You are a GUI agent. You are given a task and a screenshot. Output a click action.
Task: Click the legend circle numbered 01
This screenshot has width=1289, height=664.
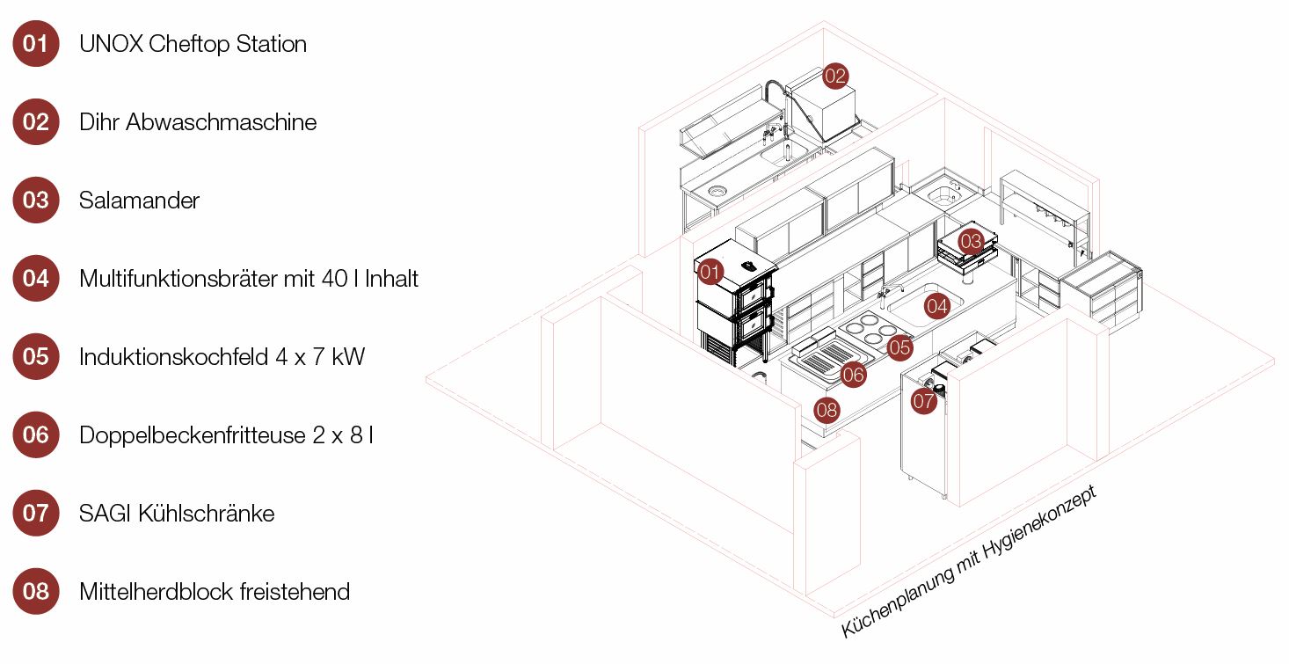(x=36, y=43)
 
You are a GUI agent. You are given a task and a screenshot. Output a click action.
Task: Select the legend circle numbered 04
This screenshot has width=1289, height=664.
(x=36, y=278)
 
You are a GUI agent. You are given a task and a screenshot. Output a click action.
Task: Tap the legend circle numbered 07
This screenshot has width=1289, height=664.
(x=36, y=512)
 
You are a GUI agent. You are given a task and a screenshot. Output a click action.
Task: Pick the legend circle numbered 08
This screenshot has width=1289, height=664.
(x=36, y=590)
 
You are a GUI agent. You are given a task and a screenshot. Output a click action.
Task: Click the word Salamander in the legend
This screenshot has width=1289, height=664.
(x=139, y=200)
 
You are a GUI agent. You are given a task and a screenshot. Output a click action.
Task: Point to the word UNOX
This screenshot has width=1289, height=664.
(x=111, y=43)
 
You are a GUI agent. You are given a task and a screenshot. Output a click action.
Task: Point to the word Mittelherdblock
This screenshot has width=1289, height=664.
(x=155, y=590)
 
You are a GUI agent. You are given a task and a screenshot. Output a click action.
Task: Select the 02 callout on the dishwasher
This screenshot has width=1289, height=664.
(x=834, y=76)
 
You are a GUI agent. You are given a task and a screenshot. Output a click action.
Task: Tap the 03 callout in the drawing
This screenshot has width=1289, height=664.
(x=971, y=240)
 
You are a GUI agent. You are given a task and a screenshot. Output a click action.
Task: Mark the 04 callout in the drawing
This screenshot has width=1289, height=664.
(x=937, y=306)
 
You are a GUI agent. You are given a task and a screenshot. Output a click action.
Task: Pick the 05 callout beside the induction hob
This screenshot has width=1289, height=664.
(x=899, y=347)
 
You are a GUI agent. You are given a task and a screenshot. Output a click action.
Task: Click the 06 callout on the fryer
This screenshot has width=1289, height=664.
(x=853, y=375)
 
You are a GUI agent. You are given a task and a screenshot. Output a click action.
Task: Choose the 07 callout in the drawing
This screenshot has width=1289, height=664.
(x=923, y=402)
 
